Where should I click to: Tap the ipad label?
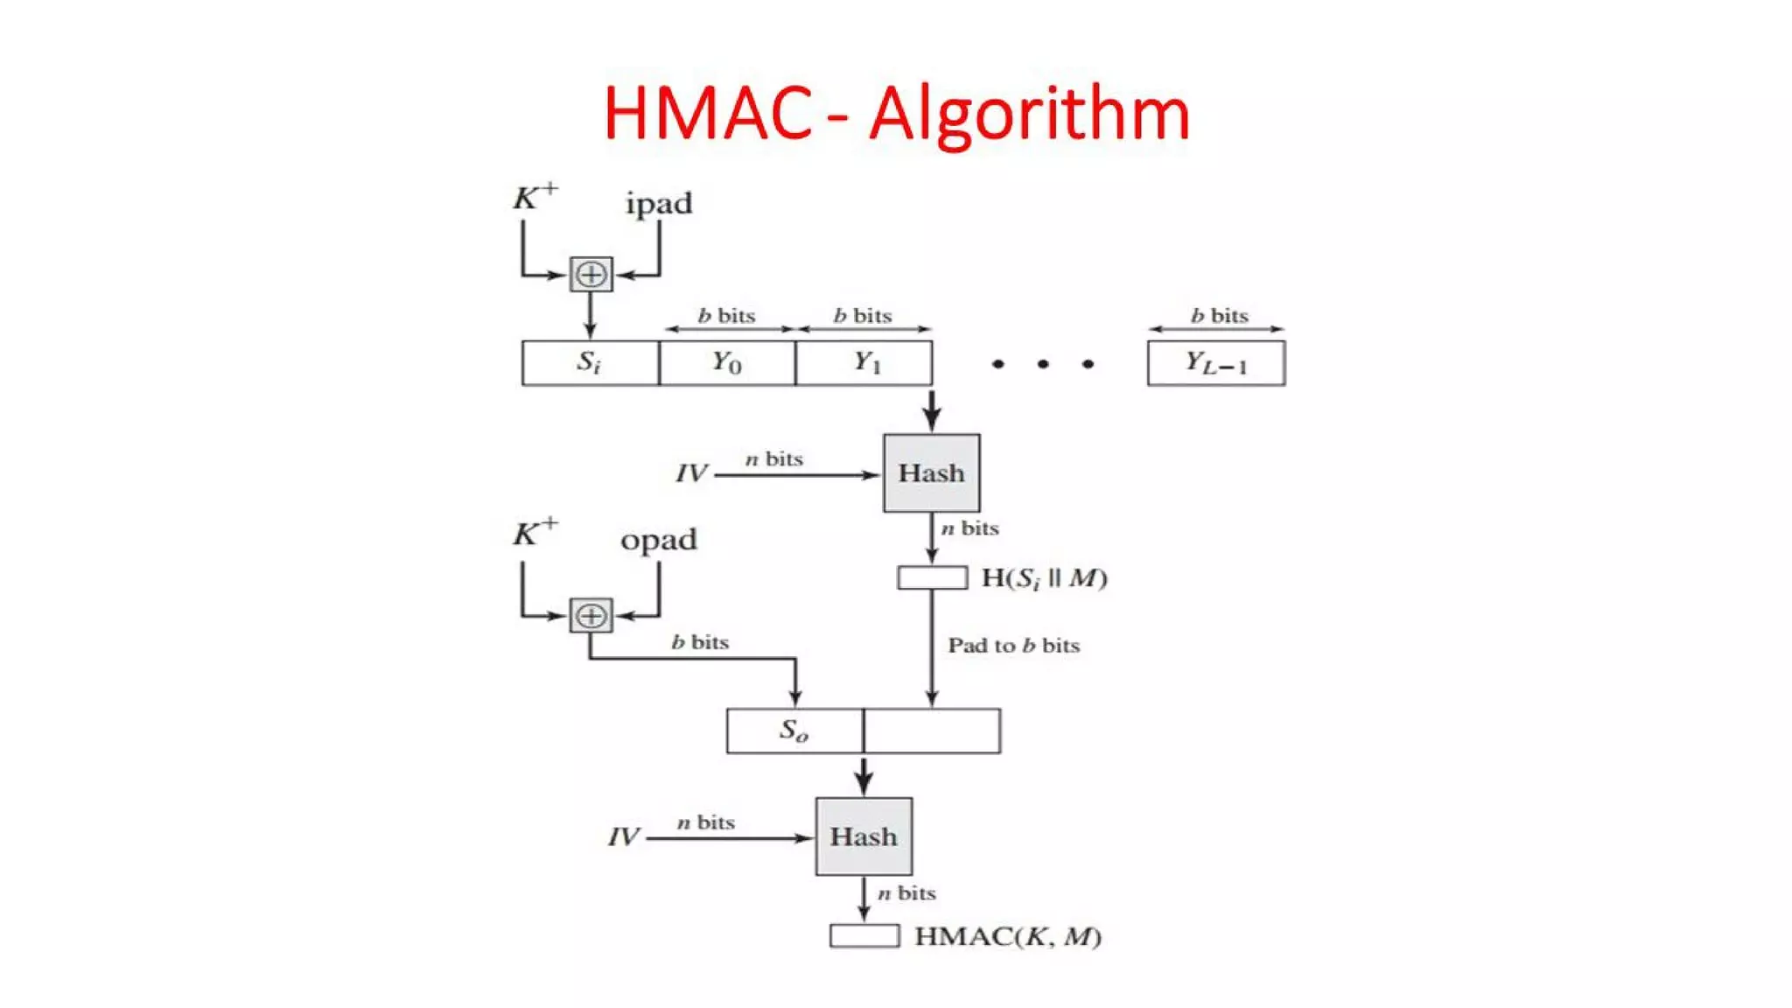click(x=659, y=204)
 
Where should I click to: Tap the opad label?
click(x=659, y=539)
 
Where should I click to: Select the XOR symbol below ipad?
click(x=591, y=274)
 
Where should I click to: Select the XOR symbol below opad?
click(x=591, y=615)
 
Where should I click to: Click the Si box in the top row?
click(x=590, y=362)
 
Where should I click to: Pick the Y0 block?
click(x=726, y=362)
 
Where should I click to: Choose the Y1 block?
click(x=864, y=362)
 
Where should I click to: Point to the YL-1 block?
click(x=1216, y=362)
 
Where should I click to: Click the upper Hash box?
click(x=931, y=473)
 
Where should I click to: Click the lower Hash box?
click(x=864, y=836)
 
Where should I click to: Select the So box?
click(x=794, y=731)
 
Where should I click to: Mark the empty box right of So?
click(x=932, y=731)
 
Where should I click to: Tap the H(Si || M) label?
click(x=1044, y=578)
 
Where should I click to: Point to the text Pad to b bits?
click(x=1013, y=646)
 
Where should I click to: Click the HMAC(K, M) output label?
click(x=1007, y=937)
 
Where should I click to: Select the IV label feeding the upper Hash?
click(x=690, y=474)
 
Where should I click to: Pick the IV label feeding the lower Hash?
click(x=623, y=837)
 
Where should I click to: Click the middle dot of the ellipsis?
click(x=1042, y=364)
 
